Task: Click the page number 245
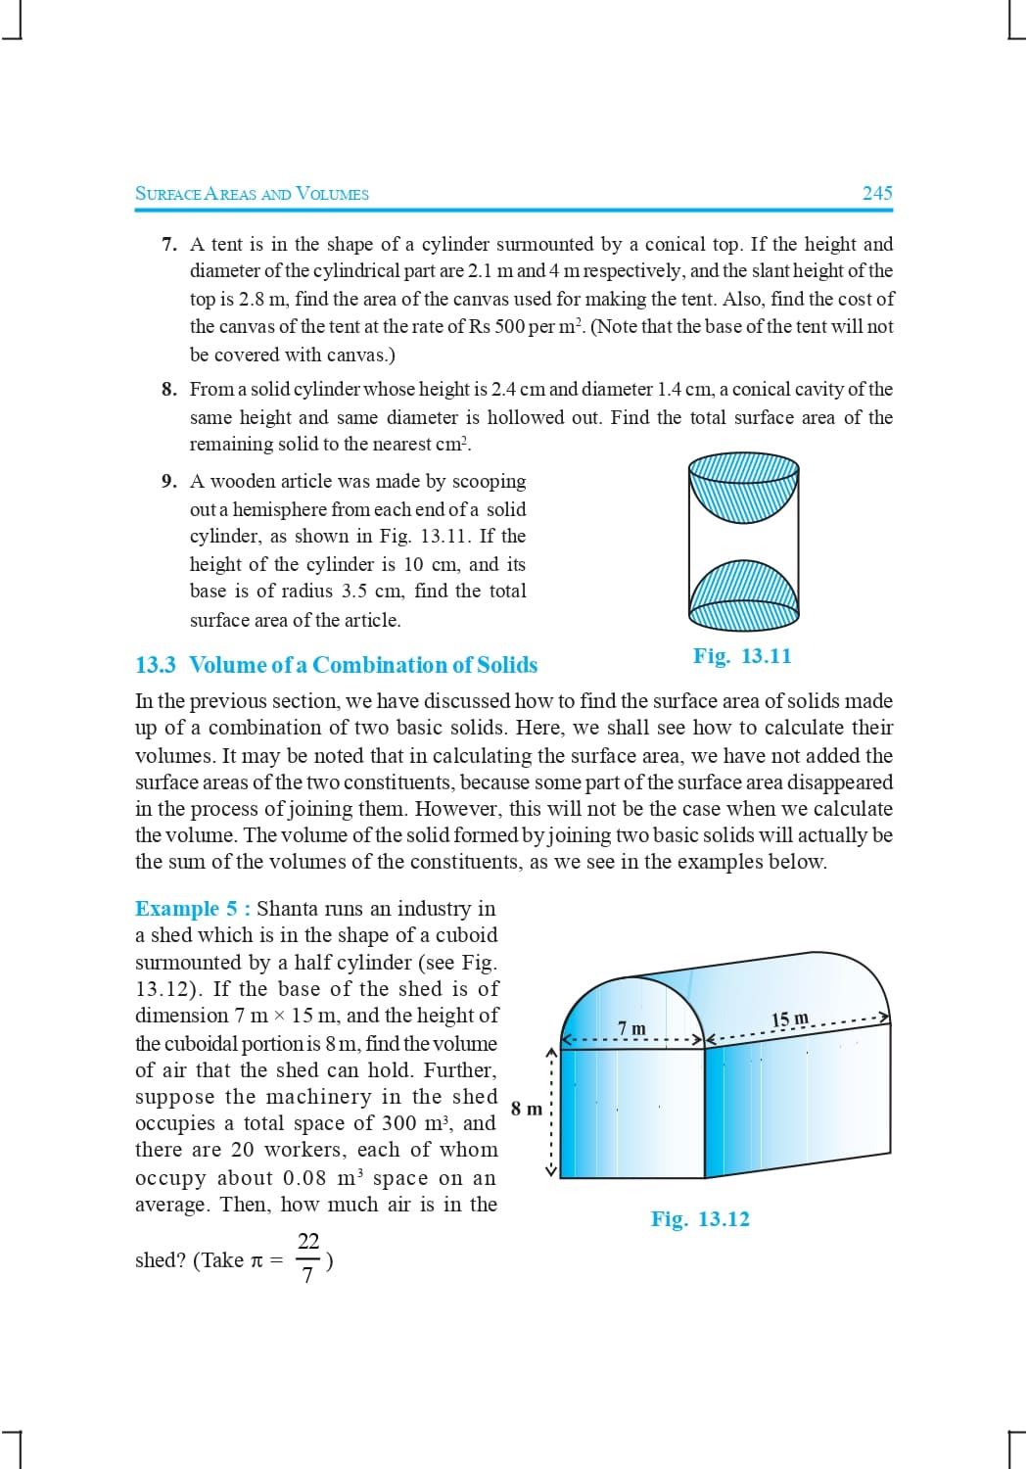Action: (x=876, y=193)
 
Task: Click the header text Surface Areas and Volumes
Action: (x=252, y=194)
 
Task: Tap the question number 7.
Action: (x=168, y=244)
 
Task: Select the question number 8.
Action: (x=168, y=389)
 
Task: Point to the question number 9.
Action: (x=168, y=481)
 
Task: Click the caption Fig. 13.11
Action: (x=742, y=656)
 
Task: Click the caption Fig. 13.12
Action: (x=700, y=1219)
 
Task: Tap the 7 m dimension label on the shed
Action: (x=632, y=1027)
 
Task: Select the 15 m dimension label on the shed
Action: (x=790, y=1019)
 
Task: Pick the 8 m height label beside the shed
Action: (x=526, y=1109)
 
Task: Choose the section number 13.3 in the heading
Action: (x=155, y=665)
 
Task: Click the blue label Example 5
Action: (x=192, y=909)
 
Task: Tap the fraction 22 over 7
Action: (x=308, y=1257)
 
